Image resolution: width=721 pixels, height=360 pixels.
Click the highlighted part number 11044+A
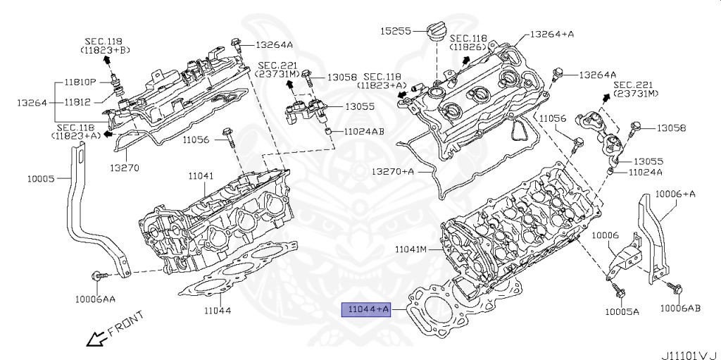pos(365,309)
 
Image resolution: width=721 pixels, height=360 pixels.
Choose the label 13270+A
pos(393,171)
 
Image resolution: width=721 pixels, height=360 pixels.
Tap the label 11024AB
pos(365,132)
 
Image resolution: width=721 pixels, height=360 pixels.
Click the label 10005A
pos(622,311)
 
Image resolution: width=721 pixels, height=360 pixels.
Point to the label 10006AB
pos(680,308)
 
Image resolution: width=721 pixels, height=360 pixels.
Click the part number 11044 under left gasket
pos(218,310)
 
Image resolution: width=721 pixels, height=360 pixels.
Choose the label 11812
pos(77,102)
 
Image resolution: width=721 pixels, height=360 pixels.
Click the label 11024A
pos(646,171)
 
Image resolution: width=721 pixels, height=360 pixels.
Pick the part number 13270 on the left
pos(124,168)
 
